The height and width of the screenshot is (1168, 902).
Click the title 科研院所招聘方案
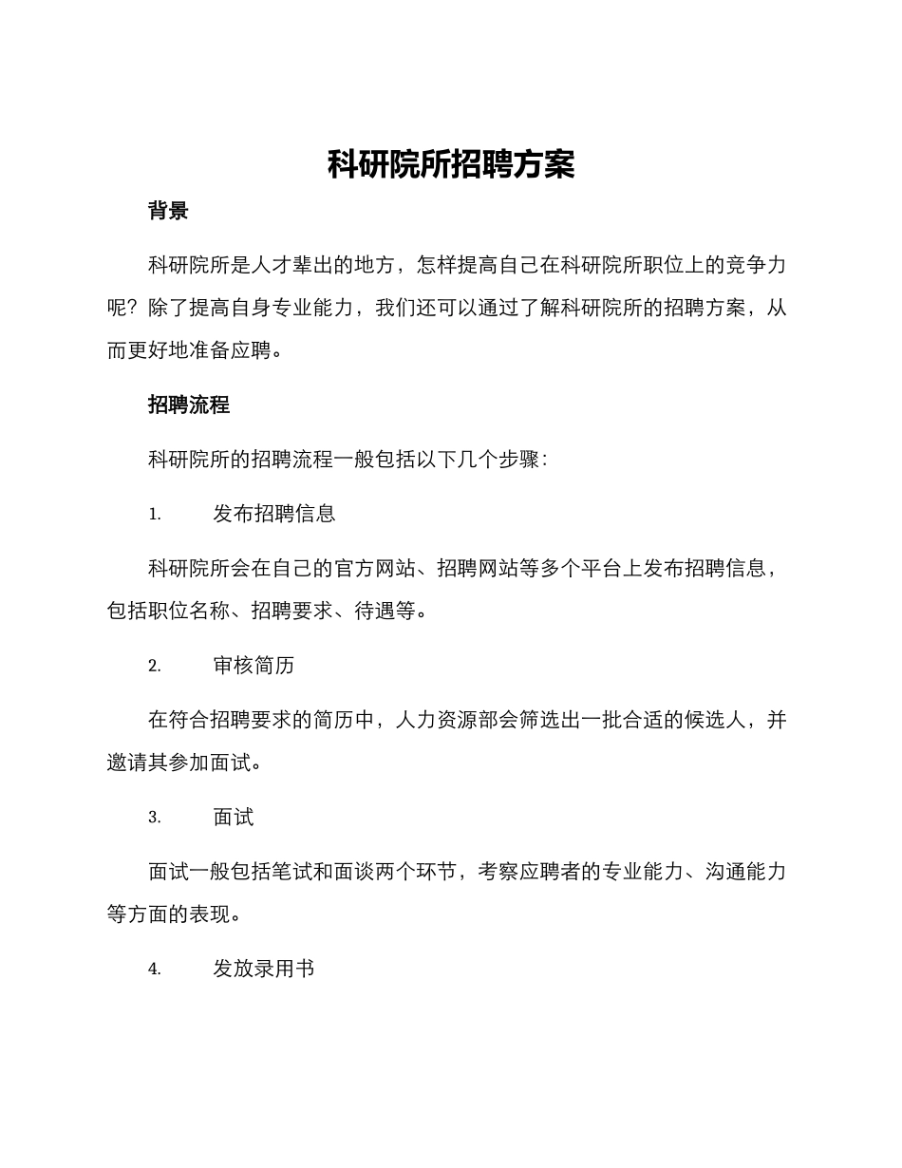pos(451,164)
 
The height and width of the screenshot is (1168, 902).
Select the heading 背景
pos(168,211)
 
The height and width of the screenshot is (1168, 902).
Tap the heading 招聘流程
pos(189,405)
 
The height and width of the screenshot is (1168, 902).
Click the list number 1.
pos(155,515)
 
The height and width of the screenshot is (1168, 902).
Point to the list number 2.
pos(155,667)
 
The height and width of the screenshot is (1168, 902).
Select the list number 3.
pos(155,819)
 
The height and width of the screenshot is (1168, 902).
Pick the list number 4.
pos(155,970)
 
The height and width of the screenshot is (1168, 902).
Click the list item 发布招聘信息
pos(274,514)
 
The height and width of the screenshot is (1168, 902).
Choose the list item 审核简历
pos(254,666)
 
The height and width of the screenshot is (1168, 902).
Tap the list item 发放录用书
pos(264,970)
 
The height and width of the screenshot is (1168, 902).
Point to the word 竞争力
pos(756,266)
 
